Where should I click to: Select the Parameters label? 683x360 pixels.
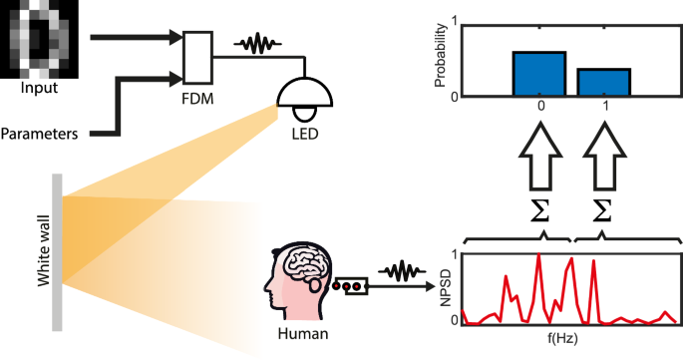coord(40,132)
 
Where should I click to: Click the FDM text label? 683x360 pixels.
coord(197,100)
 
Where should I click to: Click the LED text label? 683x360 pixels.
coord(305,133)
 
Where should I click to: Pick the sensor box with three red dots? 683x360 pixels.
coord(352,286)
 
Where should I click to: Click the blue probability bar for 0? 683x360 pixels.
coord(539,73)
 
